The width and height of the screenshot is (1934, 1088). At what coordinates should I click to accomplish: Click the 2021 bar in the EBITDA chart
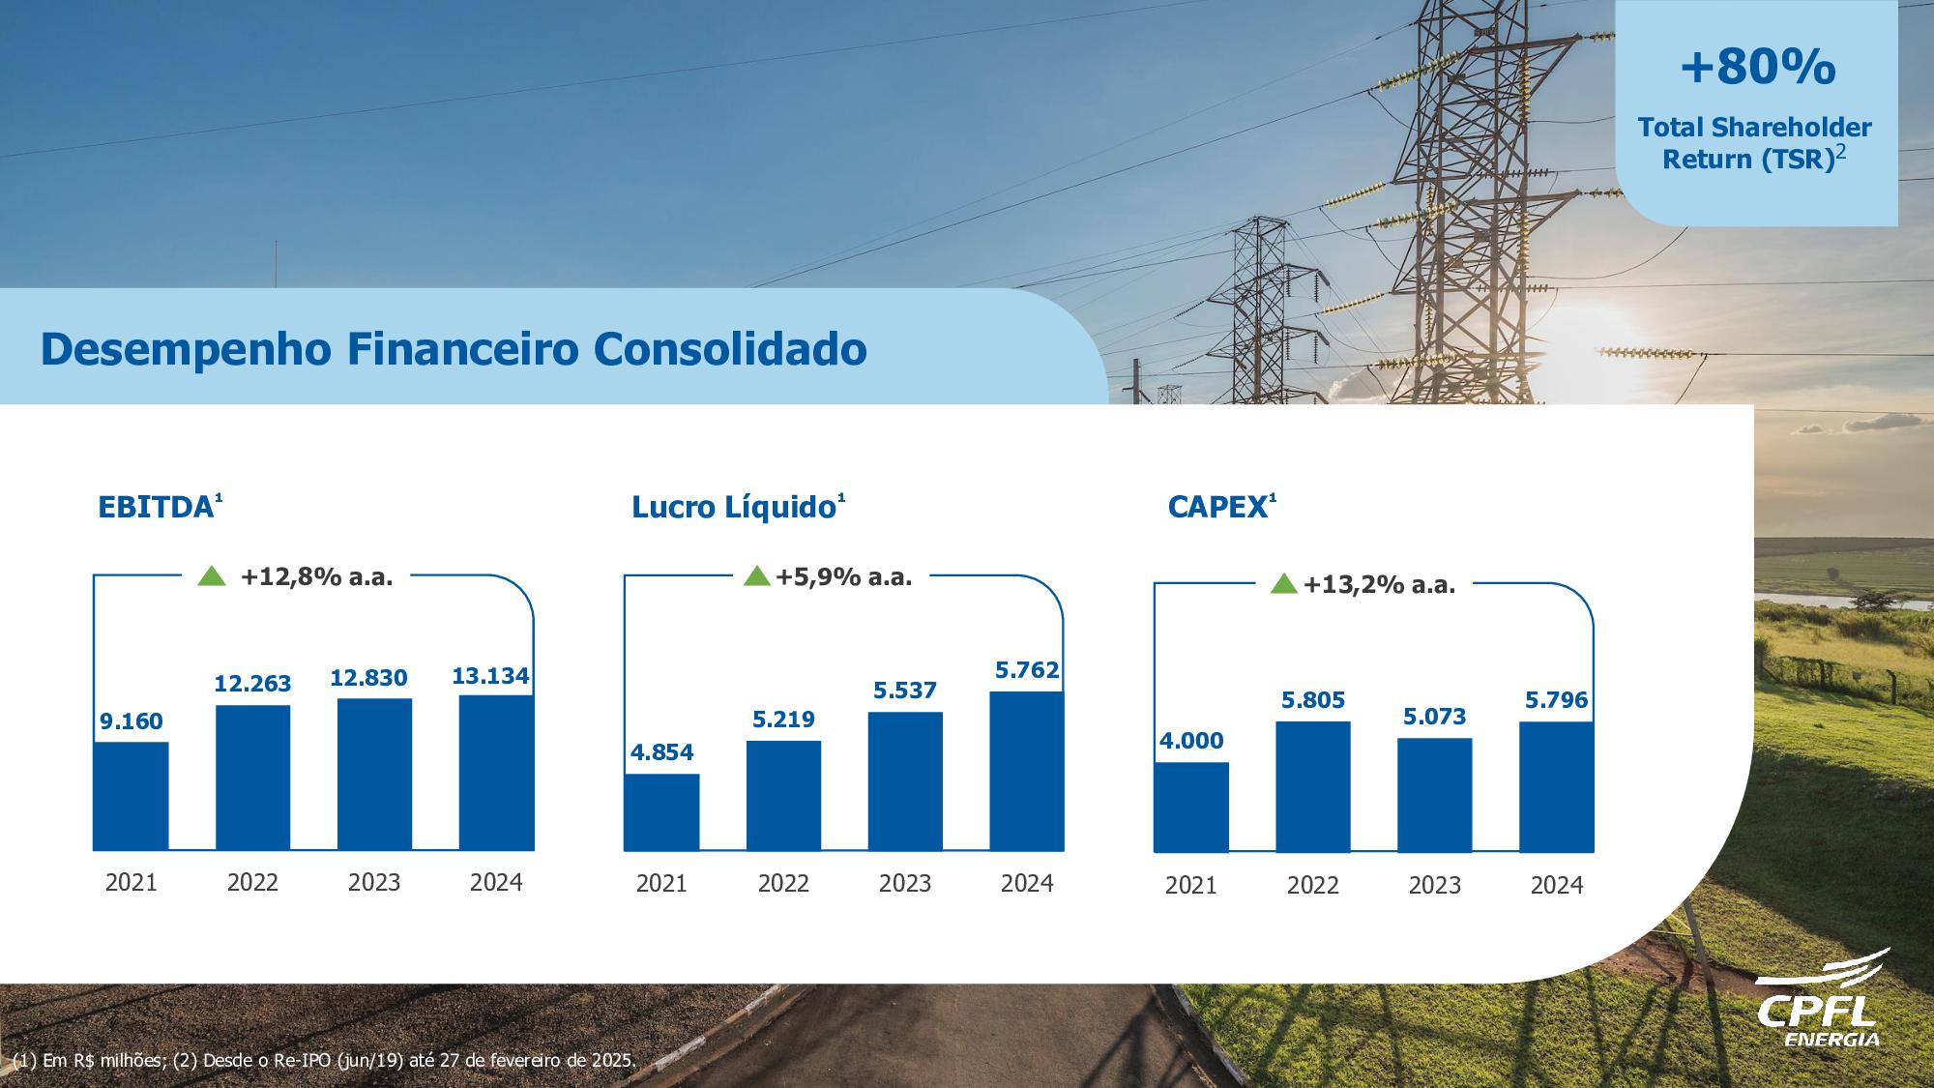131,795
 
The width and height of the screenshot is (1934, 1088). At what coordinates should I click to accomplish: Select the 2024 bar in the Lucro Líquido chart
1026,771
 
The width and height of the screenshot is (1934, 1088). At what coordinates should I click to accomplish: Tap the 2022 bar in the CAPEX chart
1312,786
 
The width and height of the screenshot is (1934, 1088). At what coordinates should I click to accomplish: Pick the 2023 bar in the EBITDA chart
374,774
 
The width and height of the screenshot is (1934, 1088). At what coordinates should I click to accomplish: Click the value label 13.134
490,676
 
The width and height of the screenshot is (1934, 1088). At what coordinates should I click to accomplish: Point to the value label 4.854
662,752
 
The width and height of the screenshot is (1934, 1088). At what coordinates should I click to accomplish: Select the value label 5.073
1434,717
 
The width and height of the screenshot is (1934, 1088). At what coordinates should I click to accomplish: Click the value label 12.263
252,684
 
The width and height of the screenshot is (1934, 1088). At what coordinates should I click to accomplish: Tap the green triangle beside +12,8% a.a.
211,576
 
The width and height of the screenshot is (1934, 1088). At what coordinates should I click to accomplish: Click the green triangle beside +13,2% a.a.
1283,583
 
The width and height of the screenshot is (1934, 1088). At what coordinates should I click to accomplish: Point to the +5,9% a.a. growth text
843,577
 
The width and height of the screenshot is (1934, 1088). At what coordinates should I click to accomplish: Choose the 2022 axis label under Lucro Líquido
783,883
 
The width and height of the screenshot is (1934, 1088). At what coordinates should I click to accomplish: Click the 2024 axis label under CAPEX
1556,885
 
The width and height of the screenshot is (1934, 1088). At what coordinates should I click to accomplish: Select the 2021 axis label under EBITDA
131,882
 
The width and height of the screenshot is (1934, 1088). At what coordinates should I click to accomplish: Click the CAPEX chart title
1217,508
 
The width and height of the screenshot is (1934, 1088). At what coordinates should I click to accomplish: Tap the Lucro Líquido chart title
733,508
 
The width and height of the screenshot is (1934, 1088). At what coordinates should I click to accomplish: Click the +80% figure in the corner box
1757,68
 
